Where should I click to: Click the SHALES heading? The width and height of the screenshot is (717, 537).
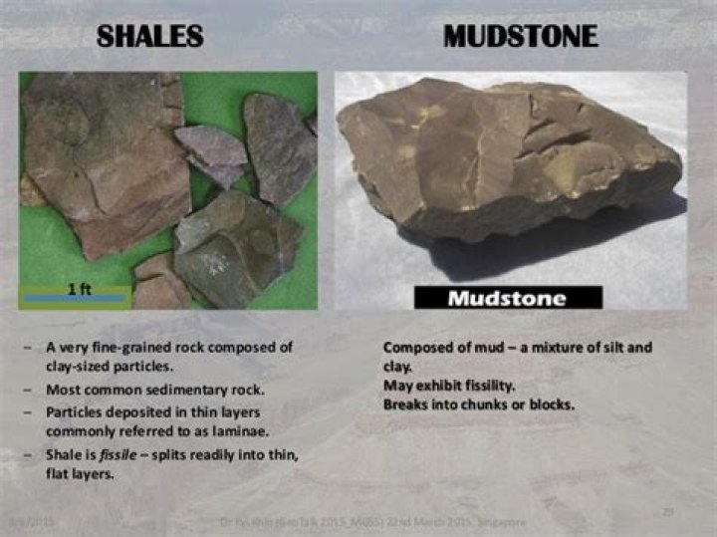pos(150,38)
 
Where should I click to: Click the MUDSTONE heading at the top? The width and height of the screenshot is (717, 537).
pos(521,38)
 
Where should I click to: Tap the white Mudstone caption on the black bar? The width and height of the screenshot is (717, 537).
pos(507,298)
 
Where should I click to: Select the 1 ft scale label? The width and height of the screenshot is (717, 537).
pos(80,288)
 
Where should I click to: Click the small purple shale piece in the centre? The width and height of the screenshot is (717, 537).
pos(211,152)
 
